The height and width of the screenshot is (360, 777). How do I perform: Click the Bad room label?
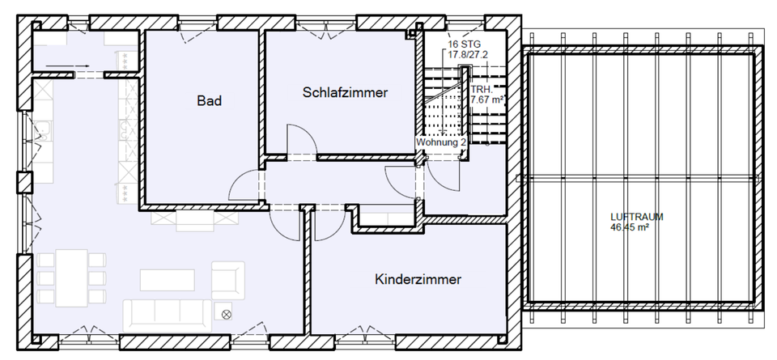click(x=209, y=101)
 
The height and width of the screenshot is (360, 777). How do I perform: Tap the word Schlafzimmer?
click(x=345, y=93)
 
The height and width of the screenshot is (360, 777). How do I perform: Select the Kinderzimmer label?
click(x=418, y=280)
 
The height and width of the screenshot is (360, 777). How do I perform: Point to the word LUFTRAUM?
click(x=638, y=217)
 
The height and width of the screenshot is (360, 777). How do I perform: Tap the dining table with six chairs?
click(x=71, y=277)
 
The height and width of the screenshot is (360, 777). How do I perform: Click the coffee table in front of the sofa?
click(x=168, y=279)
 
